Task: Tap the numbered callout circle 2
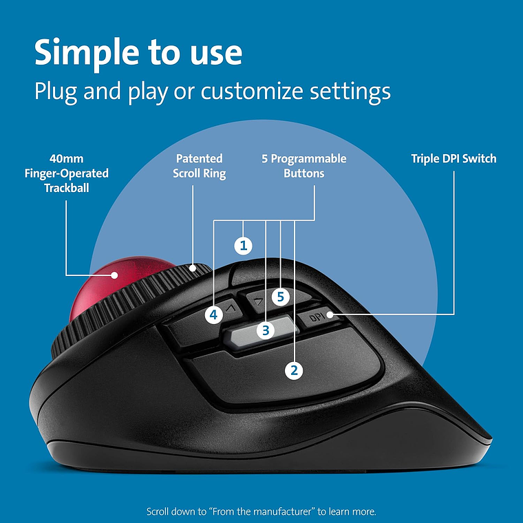click(294, 370)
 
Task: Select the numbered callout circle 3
click(265, 330)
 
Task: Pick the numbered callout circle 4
click(214, 314)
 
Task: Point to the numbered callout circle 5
click(280, 297)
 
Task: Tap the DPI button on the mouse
click(314, 318)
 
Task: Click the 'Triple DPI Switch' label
click(453, 159)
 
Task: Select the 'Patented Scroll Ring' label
click(199, 166)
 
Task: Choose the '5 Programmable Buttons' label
click(303, 166)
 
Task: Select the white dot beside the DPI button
click(330, 315)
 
